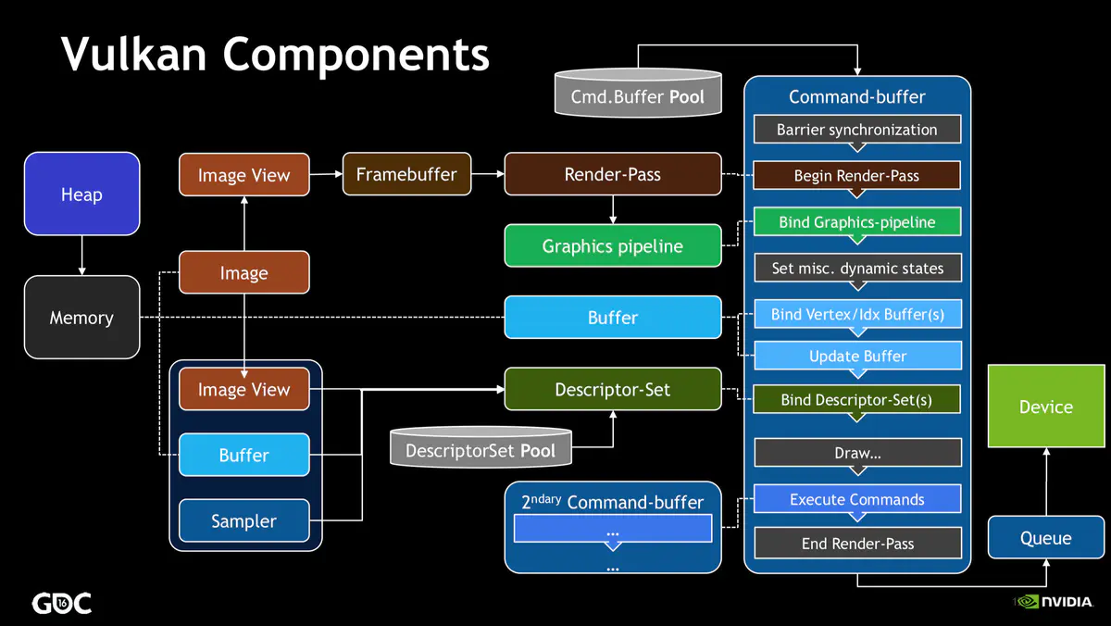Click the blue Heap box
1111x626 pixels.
point(81,194)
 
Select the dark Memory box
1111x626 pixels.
point(81,318)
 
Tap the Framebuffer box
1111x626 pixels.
point(406,174)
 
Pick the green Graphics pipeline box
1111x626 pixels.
point(612,246)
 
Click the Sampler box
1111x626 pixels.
point(243,521)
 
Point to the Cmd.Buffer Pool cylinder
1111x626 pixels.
point(637,95)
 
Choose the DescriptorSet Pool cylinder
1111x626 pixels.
point(481,450)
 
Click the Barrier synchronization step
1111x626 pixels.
point(856,130)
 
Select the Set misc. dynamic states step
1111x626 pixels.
point(857,269)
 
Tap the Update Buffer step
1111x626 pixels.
point(857,356)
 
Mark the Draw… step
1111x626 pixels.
point(857,454)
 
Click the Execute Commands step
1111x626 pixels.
point(857,499)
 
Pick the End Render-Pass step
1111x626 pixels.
point(857,544)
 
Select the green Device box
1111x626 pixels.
point(1045,407)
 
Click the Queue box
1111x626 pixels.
point(1045,538)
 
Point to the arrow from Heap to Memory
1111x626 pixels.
point(81,255)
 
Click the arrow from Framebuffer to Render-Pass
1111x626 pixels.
point(488,174)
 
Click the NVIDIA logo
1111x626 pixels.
point(1059,602)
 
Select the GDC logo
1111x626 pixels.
point(62,603)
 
